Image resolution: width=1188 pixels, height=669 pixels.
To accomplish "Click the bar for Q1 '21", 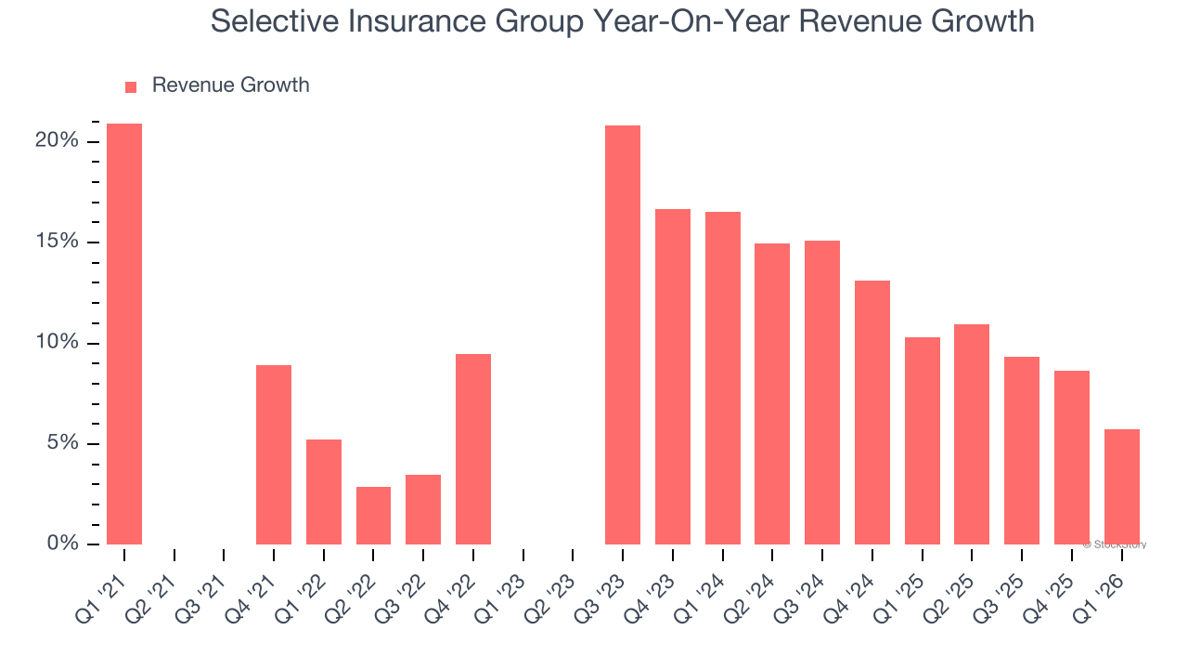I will tap(124, 334).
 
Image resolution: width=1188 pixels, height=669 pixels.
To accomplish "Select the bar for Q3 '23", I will tap(623, 334).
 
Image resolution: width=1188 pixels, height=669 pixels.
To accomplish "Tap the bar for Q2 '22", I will tap(373, 516).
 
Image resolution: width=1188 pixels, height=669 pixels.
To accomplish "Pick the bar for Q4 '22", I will tap(473, 449).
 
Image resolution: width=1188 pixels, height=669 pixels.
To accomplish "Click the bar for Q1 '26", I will tap(1121, 487).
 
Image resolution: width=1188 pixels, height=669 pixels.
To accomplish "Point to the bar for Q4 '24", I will tap(872, 413).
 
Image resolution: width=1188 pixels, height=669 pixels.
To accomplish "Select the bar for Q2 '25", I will tap(972, 434).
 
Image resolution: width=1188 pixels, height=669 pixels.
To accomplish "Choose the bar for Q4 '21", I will tap(274, 454).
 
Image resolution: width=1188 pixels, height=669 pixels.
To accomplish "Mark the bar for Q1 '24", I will tap(723, 378).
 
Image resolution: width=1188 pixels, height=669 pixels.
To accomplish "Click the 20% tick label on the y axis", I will tap(57, 141).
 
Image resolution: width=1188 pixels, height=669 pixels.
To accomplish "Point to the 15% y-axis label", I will tap(57, 242).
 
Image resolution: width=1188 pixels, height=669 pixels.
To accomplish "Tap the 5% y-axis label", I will tap(62, 443).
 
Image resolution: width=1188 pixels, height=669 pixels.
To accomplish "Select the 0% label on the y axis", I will tap(62, 544).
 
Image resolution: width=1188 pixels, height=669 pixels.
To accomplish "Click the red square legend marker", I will tap(131, 86).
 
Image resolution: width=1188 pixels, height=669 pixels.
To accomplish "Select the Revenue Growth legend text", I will tap(230, 85).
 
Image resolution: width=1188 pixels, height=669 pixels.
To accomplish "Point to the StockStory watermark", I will tap(1114, 544).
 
